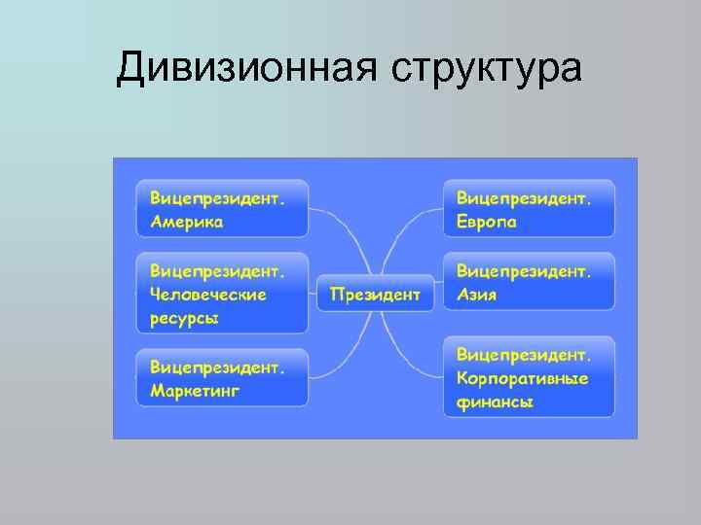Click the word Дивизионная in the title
[246, 69]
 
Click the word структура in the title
[487, 71]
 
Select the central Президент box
[375, 293]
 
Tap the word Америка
[186, 221]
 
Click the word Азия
[476, 294]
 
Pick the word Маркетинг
[195, 391]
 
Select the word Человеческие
[207, 294]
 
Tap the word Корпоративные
[522, 376]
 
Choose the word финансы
[495, 401]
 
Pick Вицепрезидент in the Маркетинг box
[217, 367]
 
